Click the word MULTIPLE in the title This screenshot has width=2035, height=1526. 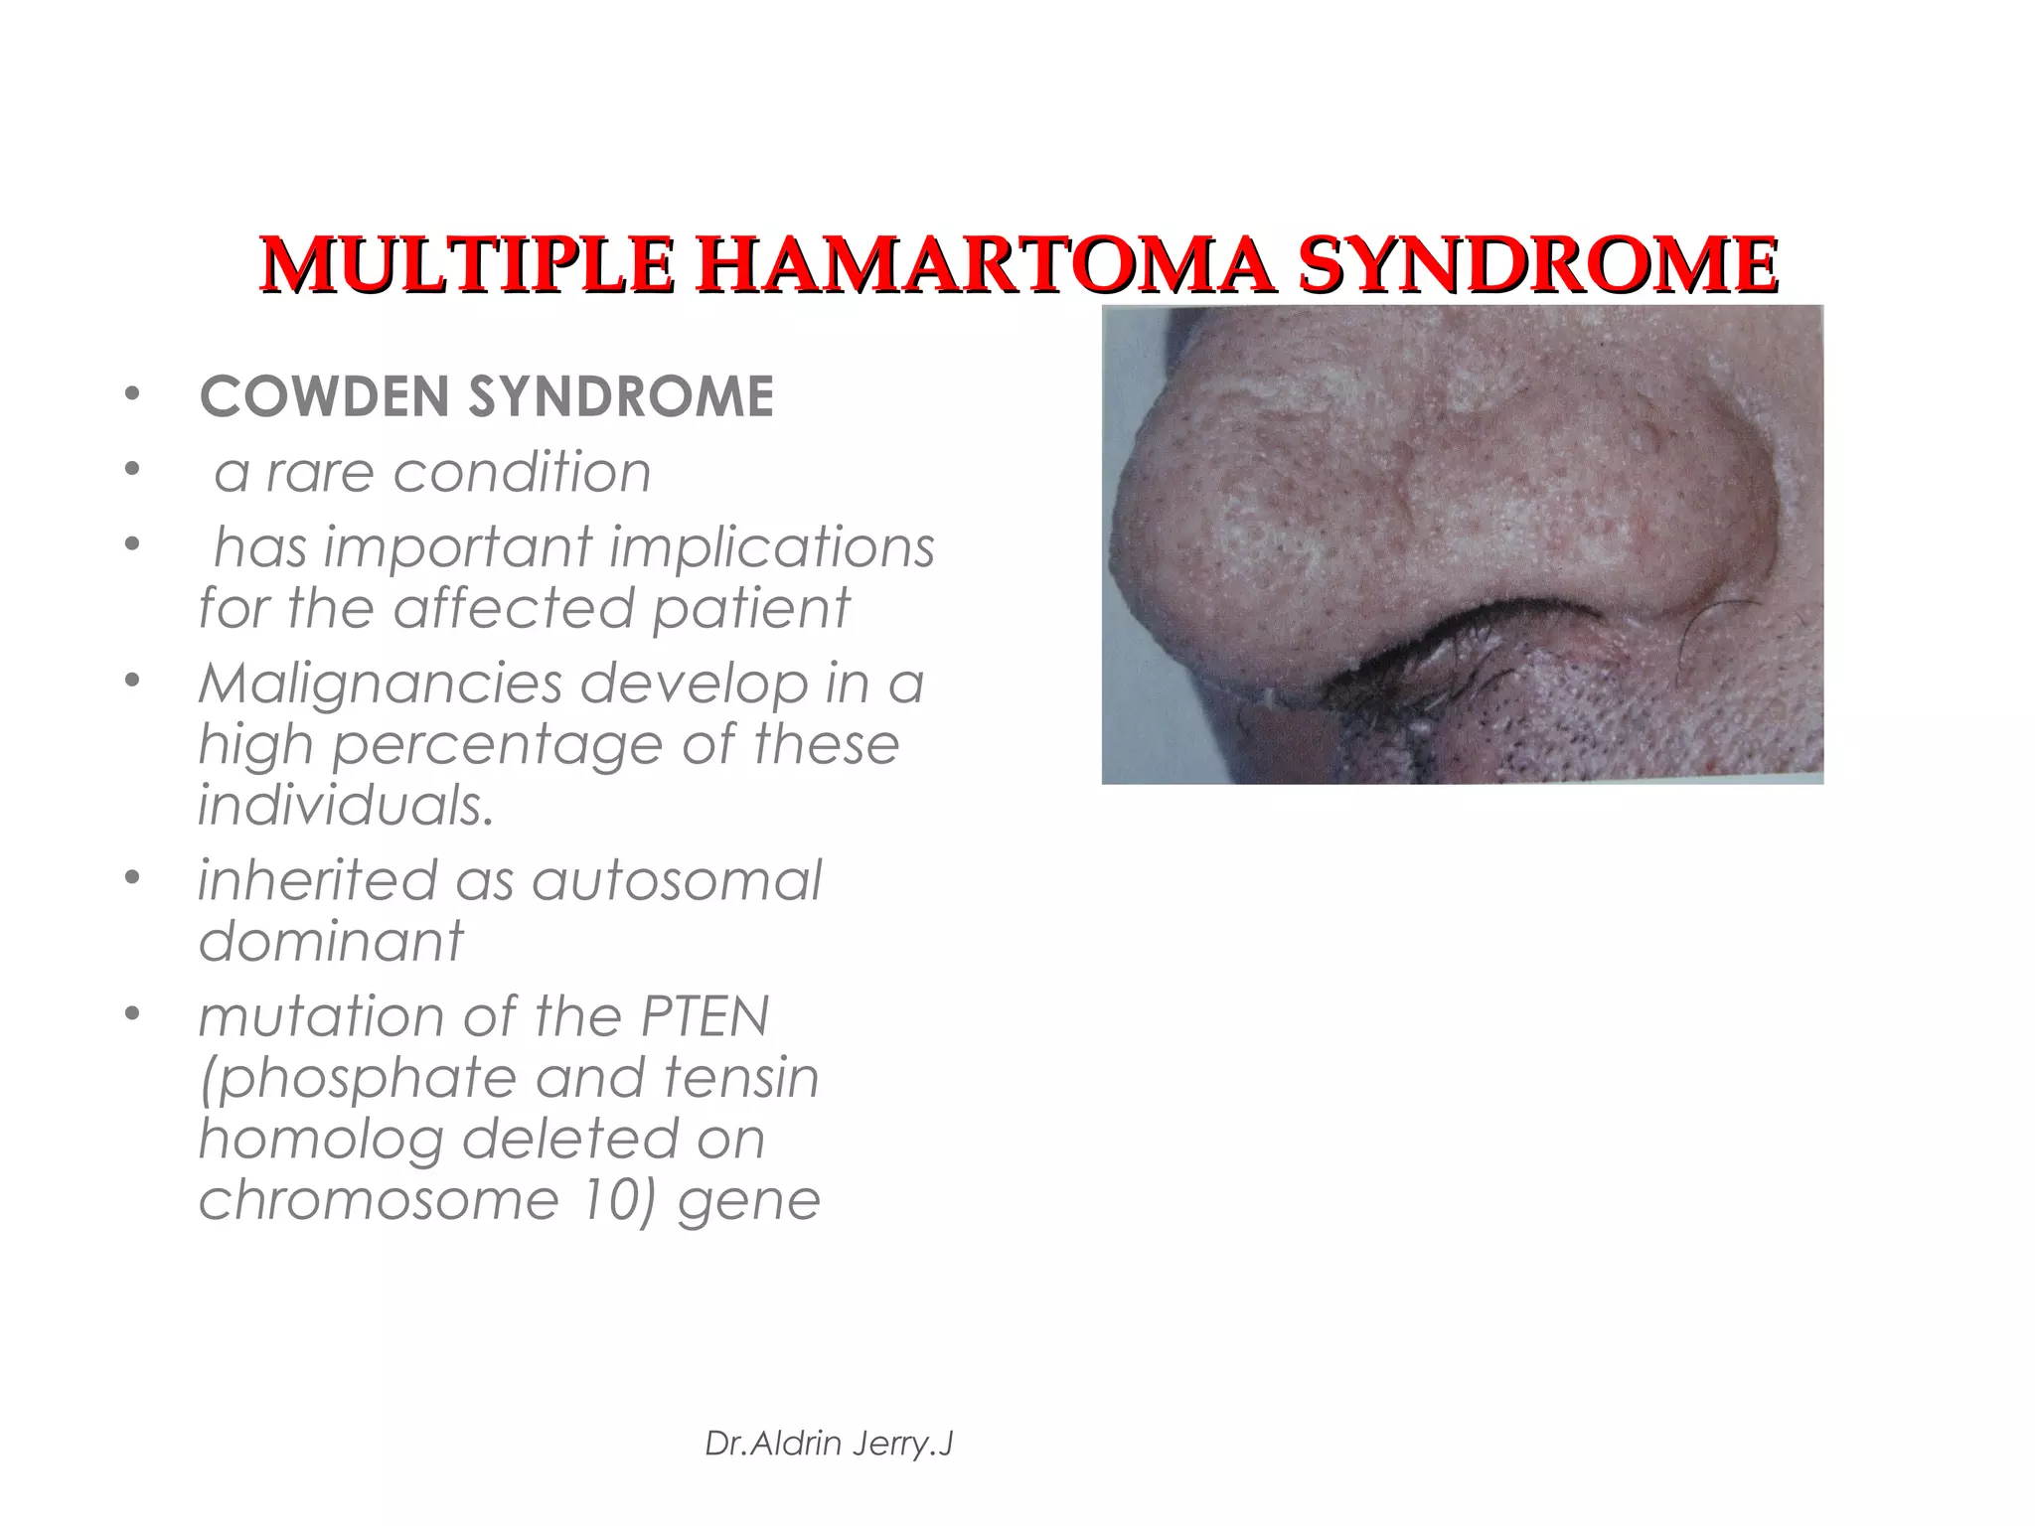[x=466, y=266]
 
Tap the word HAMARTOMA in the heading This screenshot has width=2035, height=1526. [x=984, y=266]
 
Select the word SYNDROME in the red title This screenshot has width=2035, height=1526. [x=1538, y=266]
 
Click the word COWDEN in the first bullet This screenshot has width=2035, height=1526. [x=324, y=397]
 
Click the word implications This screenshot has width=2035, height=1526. [x=772, y=547]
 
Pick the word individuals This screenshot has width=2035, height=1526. [x=346, y=805]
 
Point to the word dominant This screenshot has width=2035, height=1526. [x=331, y=941]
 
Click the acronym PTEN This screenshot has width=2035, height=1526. [x=704, y=1016]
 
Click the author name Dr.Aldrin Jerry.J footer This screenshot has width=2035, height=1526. [x=829, y=1445]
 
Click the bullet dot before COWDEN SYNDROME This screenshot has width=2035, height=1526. [x=131, y=396]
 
